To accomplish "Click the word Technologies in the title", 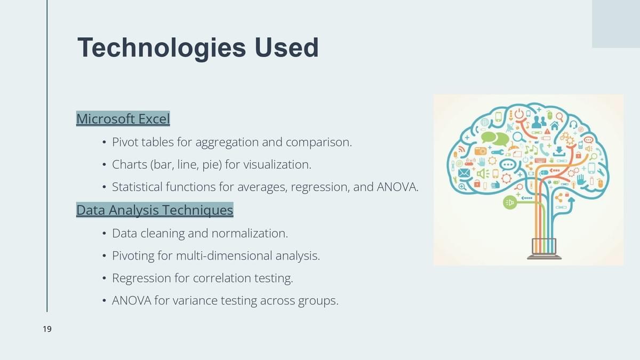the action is pos(162,48).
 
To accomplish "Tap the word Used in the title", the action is pos(286,47).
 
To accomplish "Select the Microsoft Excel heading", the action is pos(123,118).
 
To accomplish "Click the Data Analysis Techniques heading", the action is pos(155,210).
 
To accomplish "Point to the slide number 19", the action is pos(47,329).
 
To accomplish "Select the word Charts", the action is pos(130,165).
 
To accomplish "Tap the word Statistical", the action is pos(137,187).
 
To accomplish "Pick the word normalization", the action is pos(250,233).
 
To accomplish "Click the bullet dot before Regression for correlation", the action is pos(105,278).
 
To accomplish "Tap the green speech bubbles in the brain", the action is pos(495,139).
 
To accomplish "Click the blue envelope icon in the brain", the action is pos(464,173).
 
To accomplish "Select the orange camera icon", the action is pos(481,151).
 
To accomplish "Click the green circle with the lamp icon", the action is pos(510,203).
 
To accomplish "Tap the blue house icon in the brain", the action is pos(554,125).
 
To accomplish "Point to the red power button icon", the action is pos(519,114).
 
